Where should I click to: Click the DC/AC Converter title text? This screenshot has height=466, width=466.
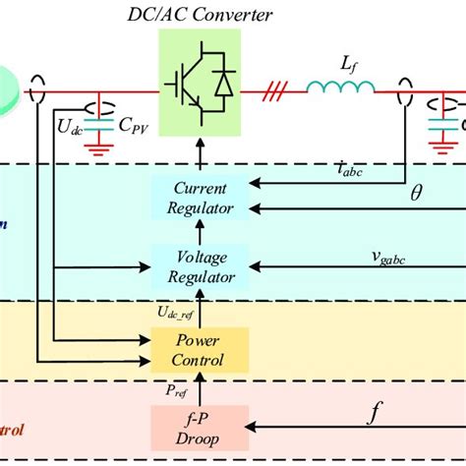pyautogui.click(x=201, y=15)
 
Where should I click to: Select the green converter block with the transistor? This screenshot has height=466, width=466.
pyautogui.click(x=200, y=87)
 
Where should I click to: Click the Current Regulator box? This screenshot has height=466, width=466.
pyautogui.click(x=200, y=197)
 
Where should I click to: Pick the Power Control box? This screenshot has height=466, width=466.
pyautogui.click(x=200, y=350)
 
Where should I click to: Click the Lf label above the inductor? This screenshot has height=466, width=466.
pyautogui.click(x=350, y=63)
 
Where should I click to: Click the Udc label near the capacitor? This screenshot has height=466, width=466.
pyautogui.click(x=70, y=125)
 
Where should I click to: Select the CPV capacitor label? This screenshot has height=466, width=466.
pyautogui.click(x=127, y=126)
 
